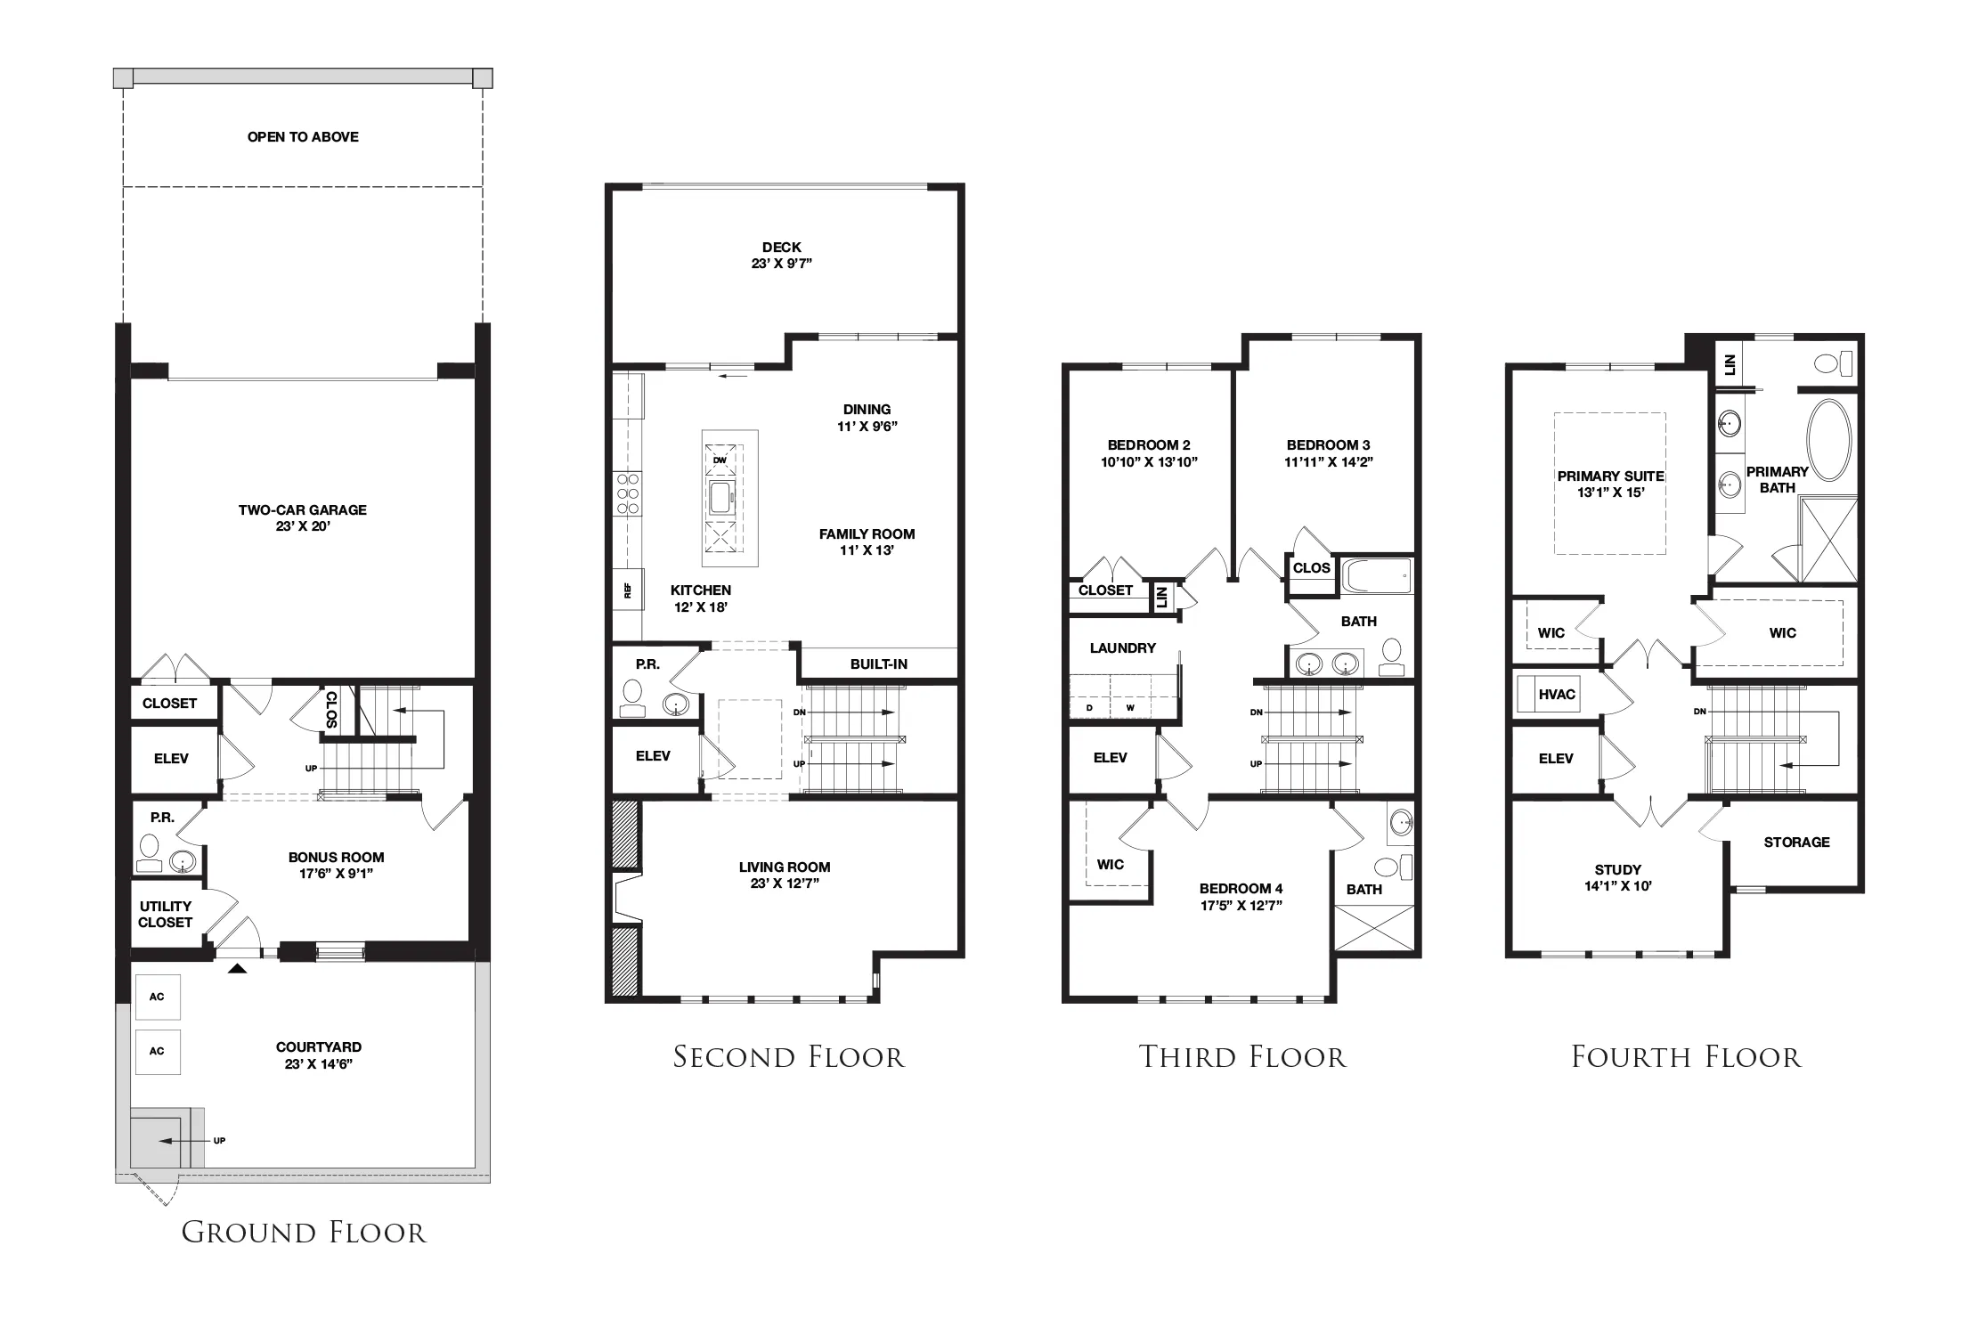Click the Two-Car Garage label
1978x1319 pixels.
[302, 517]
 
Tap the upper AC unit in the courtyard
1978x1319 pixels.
[157, 997]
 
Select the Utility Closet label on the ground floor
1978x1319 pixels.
[166, 914]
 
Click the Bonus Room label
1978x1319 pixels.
[336, 865]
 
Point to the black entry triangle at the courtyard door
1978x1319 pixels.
[237, 967]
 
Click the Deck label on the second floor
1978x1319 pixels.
[782, 255]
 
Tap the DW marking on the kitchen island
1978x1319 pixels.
[720, 460]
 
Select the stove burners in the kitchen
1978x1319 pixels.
[628, 493]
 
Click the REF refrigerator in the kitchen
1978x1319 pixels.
[628, 590]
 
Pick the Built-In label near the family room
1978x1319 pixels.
[879, 664]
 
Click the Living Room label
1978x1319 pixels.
[785, 875]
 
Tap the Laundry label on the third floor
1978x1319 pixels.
[1122, 647]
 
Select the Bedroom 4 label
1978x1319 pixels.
[1241, 897]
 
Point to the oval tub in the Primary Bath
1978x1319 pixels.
[1828, 440]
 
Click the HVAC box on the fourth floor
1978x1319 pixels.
[1557, 695]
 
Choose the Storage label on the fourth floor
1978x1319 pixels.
[1796, 842]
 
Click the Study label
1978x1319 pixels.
[1618, 877]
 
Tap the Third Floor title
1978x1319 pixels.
[1242, 1057]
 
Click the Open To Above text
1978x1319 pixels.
[303, 136]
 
